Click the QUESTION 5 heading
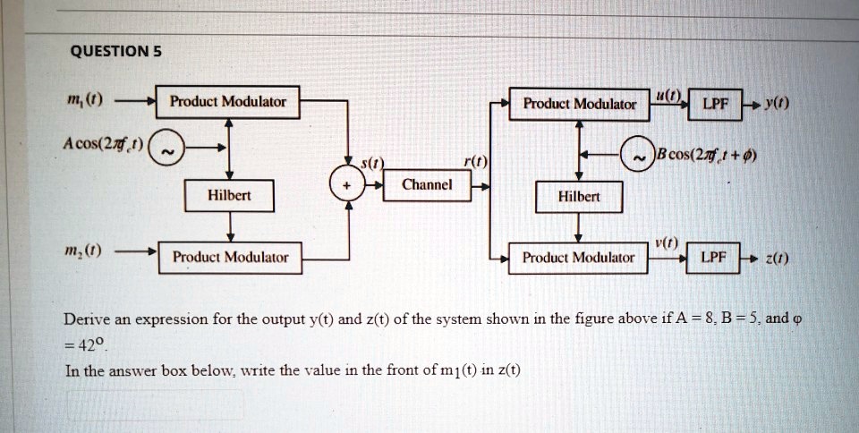tap(115, 52)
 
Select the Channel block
tap(427, 185)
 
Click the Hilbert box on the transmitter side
tap(229, 195)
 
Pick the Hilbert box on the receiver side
tap(579, 197)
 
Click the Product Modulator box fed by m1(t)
tap(227, 102)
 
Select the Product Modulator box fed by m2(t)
tap(230, 258)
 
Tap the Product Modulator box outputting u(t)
tap(579, 104)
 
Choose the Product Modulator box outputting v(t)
tap(578, 258)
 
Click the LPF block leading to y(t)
tap(715, 104)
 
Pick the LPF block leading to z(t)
tap(713, 258)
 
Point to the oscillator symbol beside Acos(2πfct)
tap(167, 148)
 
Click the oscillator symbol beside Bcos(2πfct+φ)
tap(638, 154)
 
